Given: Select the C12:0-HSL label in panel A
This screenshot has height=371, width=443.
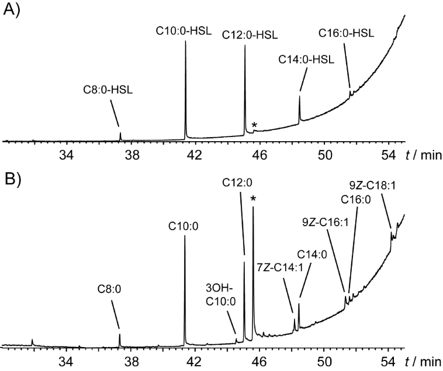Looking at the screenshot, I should [x=245, y=34].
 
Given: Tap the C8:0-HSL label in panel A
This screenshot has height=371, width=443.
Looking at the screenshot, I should [x=109, y=90].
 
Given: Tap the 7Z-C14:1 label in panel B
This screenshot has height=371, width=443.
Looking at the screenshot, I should [x=275, y=267].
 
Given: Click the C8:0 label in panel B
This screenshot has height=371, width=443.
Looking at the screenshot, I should [x=109, y=288].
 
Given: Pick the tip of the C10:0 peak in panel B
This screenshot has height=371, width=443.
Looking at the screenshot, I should [x=185, y=237].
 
